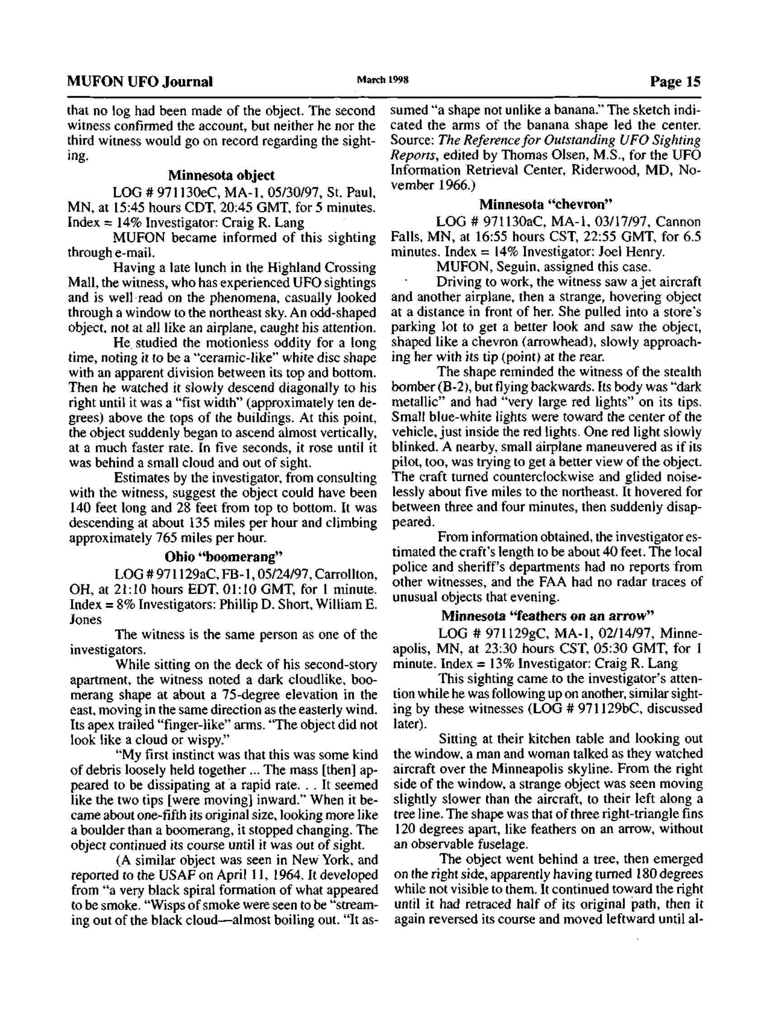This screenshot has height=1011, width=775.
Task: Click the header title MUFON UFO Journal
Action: click(x=140, y=82)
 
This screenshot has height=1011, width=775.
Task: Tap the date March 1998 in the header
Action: click(x=383, y=80)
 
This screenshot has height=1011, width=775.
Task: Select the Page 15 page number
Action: click(x=675, y=82)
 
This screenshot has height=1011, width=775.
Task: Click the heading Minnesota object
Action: click(x=221, y=175)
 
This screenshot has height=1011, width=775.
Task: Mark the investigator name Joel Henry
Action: click(x=632, y=252)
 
